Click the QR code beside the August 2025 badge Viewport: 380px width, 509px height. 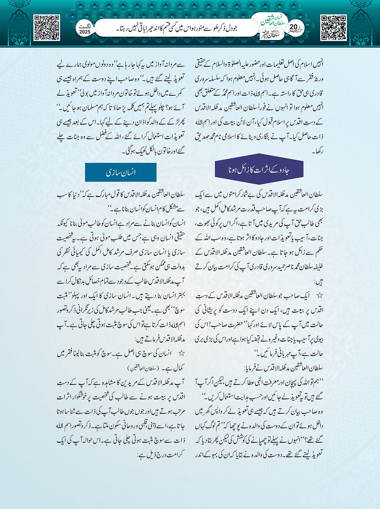click(x=47, y=27)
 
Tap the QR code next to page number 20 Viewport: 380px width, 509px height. click(x=333, y=27)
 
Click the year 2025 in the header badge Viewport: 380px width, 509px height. click(x=85, y=32)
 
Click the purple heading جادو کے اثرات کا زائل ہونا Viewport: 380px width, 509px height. click(x=259, y=169)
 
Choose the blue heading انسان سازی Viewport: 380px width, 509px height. click(x=121, y=172)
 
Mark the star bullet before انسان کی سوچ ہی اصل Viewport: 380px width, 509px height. click(x=181, y=353)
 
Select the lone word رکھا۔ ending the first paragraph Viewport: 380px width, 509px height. click(x=318, y=151)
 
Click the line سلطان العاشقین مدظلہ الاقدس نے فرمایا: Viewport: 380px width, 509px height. click(x=284, y=368)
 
